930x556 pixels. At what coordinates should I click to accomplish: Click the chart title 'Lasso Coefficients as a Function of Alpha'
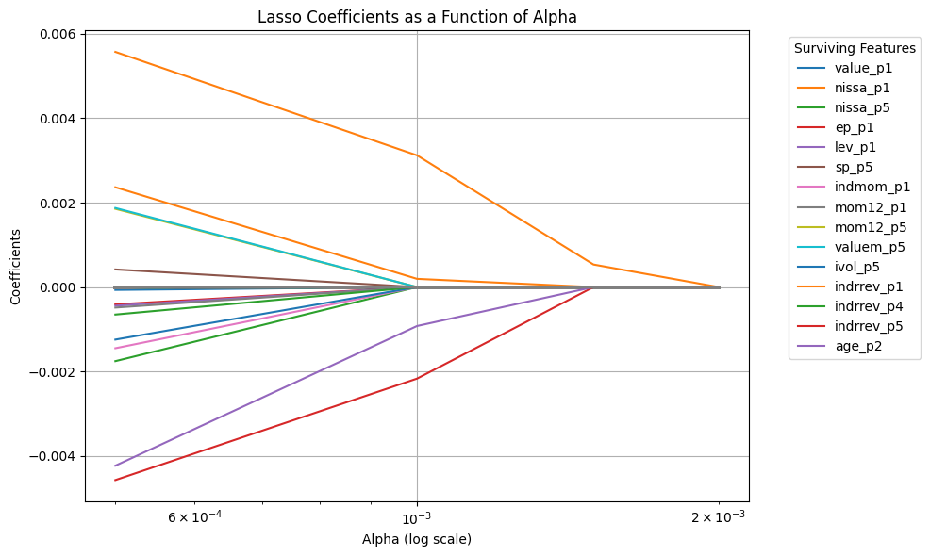click(416, 16)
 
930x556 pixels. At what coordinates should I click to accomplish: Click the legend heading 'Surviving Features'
click(855, 48)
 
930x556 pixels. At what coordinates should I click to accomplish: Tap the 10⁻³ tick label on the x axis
click(417, 518)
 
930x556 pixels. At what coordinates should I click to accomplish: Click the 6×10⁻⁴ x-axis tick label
click(194, 518)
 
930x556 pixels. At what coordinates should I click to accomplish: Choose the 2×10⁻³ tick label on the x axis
click(719, 518)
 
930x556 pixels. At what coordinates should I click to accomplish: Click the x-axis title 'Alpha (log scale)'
click(416, 539)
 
